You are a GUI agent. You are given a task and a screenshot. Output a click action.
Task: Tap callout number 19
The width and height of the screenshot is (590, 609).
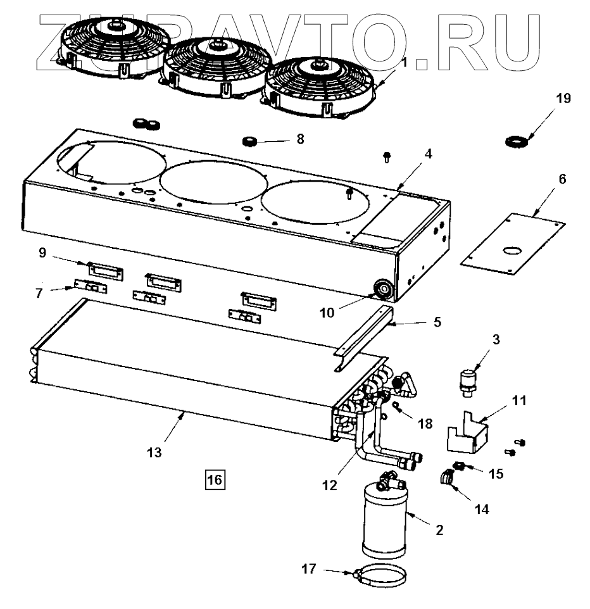(562, 98)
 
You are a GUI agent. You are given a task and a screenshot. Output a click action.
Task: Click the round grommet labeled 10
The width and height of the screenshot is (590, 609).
(384, 290)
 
